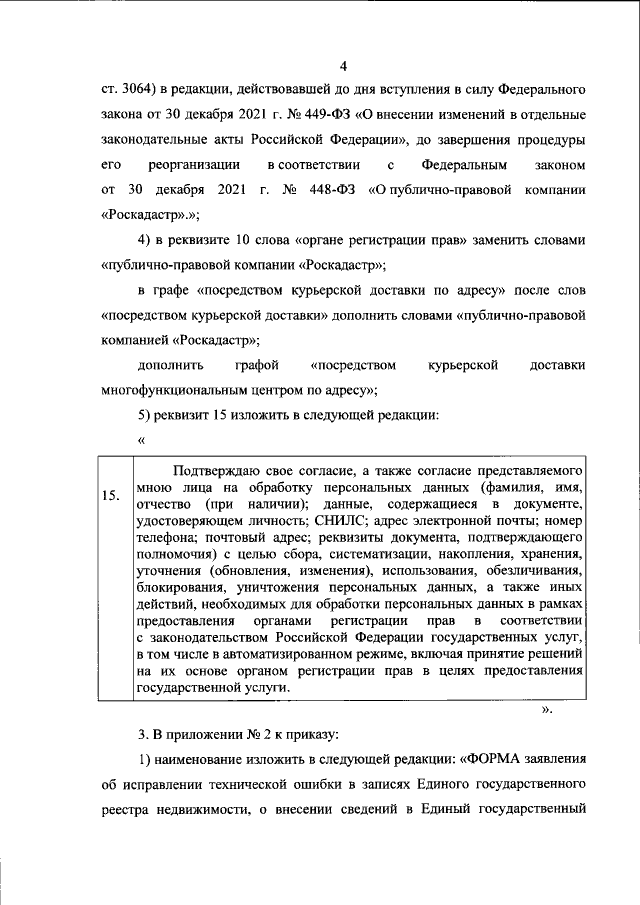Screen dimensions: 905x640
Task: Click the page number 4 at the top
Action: (342, 67)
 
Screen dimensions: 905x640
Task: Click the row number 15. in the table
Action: (113, 495)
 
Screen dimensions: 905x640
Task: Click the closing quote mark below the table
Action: (546, 711)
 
